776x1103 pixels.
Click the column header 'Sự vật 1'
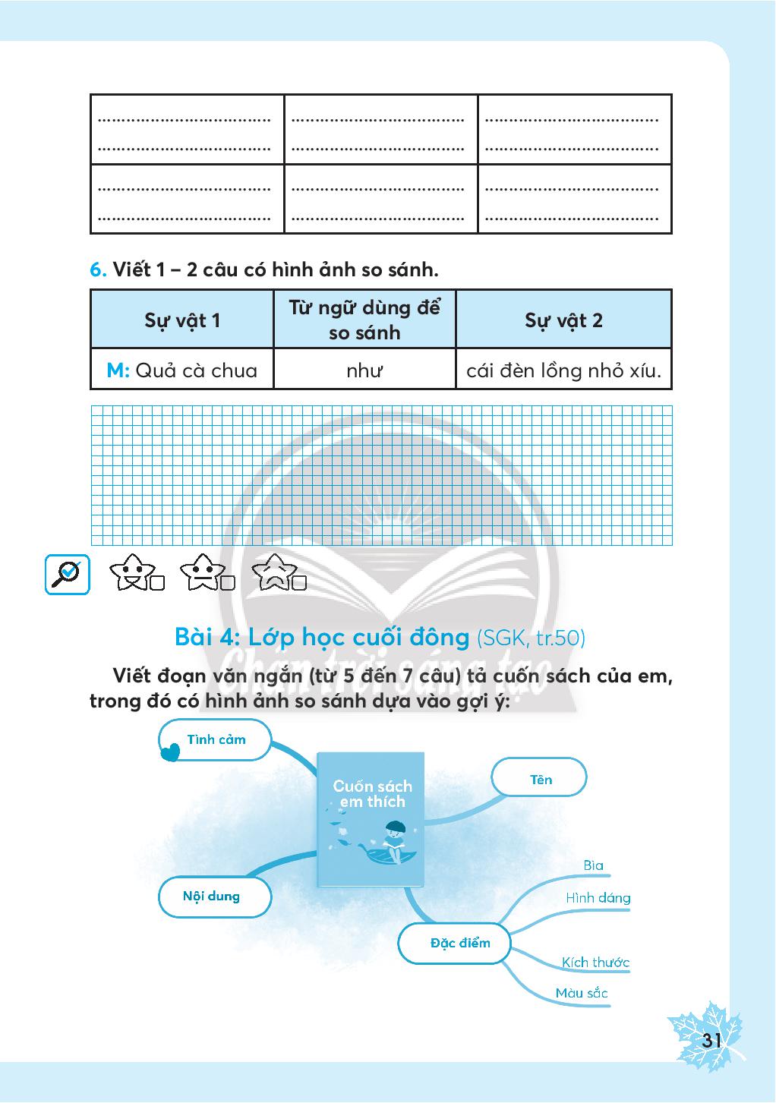tap(182, 320)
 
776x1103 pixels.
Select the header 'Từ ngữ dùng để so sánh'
tap(364, 320)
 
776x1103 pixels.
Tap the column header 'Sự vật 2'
tap(563, 320)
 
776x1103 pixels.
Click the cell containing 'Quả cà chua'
tap(182, 370)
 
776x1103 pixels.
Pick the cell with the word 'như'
tap(364, 370)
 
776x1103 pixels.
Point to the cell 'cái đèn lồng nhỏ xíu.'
tap(563, 370)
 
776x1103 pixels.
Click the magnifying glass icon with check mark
tap(68, 575)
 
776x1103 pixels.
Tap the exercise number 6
tap(98, 269)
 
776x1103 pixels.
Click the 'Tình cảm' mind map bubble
tap(216, 739)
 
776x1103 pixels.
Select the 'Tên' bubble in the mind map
tap(540, 779)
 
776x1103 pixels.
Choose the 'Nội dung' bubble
tap(212, 896)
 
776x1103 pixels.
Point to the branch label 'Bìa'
tap(594, 865)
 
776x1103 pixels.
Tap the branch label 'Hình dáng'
tap(598, 898)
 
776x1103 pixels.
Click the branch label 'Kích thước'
tap(595, 963)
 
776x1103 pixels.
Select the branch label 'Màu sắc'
tap(582, 993)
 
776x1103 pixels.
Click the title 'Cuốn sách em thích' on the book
tap(372, 794)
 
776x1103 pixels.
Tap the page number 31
tap(711, 1040)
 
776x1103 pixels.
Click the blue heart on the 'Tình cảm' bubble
tap(171, 752)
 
